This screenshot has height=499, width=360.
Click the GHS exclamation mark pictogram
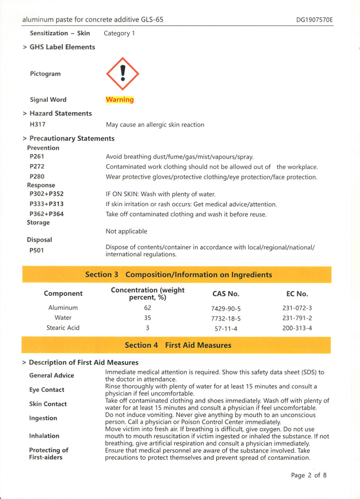122,74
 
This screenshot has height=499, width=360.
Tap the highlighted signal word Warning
119,100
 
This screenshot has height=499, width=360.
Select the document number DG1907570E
314,20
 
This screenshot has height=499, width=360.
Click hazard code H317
38,124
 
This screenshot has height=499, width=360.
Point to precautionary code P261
37,157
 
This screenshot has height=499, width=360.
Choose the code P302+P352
47,194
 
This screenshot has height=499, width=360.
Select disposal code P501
38,251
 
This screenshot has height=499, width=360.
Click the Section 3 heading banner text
178,275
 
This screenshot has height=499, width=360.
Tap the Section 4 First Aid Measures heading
178,345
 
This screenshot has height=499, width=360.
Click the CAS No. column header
226,294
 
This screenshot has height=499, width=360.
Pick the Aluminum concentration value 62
148,308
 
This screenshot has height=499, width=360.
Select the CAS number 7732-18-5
226,318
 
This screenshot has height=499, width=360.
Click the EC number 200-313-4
297,328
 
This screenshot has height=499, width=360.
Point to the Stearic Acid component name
63,328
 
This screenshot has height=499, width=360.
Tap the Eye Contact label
47,390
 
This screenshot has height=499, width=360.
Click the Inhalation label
44,436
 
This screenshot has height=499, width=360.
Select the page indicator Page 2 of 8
309,475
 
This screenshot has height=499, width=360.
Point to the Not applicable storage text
127,231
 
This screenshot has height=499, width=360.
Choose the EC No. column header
297,294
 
